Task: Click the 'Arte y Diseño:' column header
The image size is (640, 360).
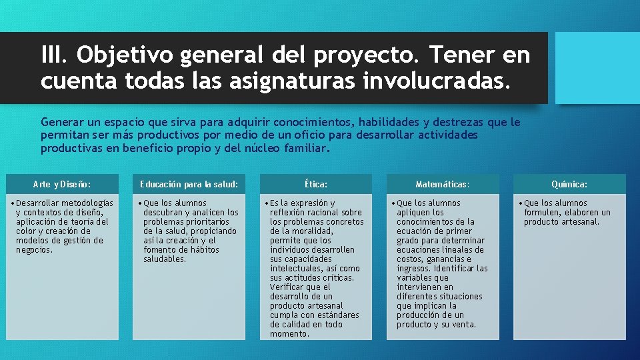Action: coord(62,184)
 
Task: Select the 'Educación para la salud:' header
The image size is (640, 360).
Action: coord(189,184)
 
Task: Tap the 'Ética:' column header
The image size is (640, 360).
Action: coord(315,184)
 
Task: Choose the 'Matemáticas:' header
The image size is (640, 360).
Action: coord(443,184)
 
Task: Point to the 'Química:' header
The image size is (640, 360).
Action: coord(569,184)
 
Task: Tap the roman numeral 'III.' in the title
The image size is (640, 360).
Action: coord(55,55)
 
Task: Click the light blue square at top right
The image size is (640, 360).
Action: coord(597,68)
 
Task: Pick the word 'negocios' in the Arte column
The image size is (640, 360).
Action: coord(33,250)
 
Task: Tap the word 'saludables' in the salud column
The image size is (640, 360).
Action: coord(164,259)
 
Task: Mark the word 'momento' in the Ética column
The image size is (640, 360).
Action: coord(289,334)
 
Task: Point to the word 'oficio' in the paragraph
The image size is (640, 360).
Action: coord(271,135)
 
